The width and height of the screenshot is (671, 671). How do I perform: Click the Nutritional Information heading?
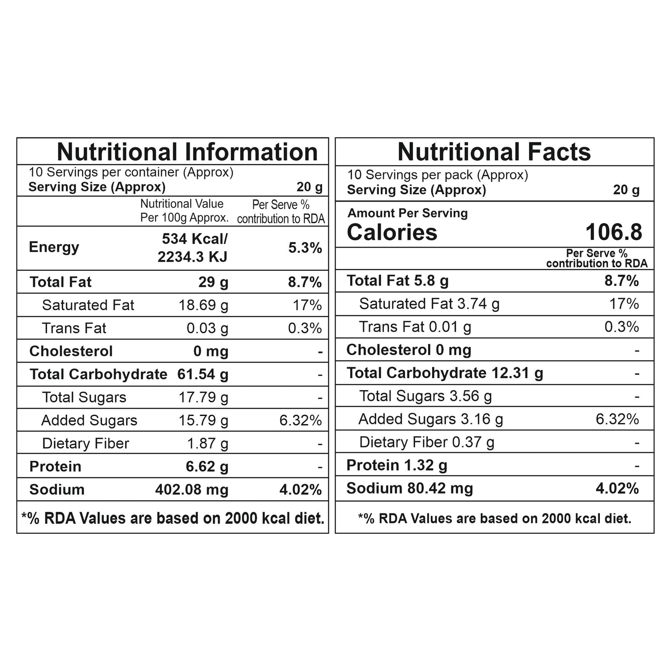[x=187, y=152]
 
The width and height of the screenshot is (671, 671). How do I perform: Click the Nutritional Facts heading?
[x=494, y=152]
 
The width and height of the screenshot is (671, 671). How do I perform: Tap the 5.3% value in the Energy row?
[x=305, y=248]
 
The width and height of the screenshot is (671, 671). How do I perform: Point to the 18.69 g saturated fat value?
[x=203, y=305]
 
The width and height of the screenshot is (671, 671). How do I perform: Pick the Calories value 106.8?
[x=614, y=232]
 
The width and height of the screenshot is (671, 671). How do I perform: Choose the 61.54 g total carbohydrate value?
[x=203, y=374]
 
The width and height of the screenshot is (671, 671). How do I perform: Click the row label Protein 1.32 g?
[x=397, y=465]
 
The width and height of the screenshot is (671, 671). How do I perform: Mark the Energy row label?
[x=54, y=247]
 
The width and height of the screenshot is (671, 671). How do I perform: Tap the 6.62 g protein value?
[x=207, y=467]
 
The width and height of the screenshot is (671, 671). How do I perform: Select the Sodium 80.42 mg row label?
[x=409, y=488]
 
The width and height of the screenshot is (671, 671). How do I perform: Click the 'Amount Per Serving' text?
[x=408, y=213]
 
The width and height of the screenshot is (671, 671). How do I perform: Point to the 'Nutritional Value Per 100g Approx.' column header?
[x=184, y=211]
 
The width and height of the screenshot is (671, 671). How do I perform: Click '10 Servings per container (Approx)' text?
[x=131, y=172]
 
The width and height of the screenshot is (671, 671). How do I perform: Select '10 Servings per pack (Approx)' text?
[x=437, y=175]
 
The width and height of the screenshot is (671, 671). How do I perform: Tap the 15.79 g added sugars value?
[x=203, y=420]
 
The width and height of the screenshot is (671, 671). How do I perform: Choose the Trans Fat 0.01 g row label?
[x=415, y=327]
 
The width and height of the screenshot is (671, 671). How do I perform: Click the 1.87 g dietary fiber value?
[x=208, y=443]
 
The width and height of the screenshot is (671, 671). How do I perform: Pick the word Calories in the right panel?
[x=392, y=232]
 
